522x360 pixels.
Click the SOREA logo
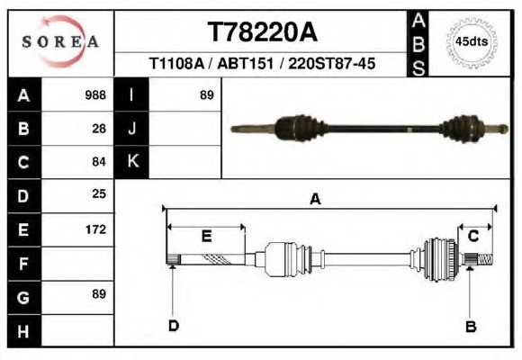tap(60, 41)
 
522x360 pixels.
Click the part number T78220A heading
tap(262, 32)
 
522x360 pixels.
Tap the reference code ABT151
tap(246, 63)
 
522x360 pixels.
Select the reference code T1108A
tap(176, 63)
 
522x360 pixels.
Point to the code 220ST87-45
tap(331, 63)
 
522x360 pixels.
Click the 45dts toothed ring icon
tap(472, 42)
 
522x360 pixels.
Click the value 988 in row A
tap(95, 95)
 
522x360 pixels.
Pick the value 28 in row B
tap(99, 129)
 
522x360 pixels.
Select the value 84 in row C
tap(99, 162)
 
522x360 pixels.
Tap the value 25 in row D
tap(99, 193)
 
